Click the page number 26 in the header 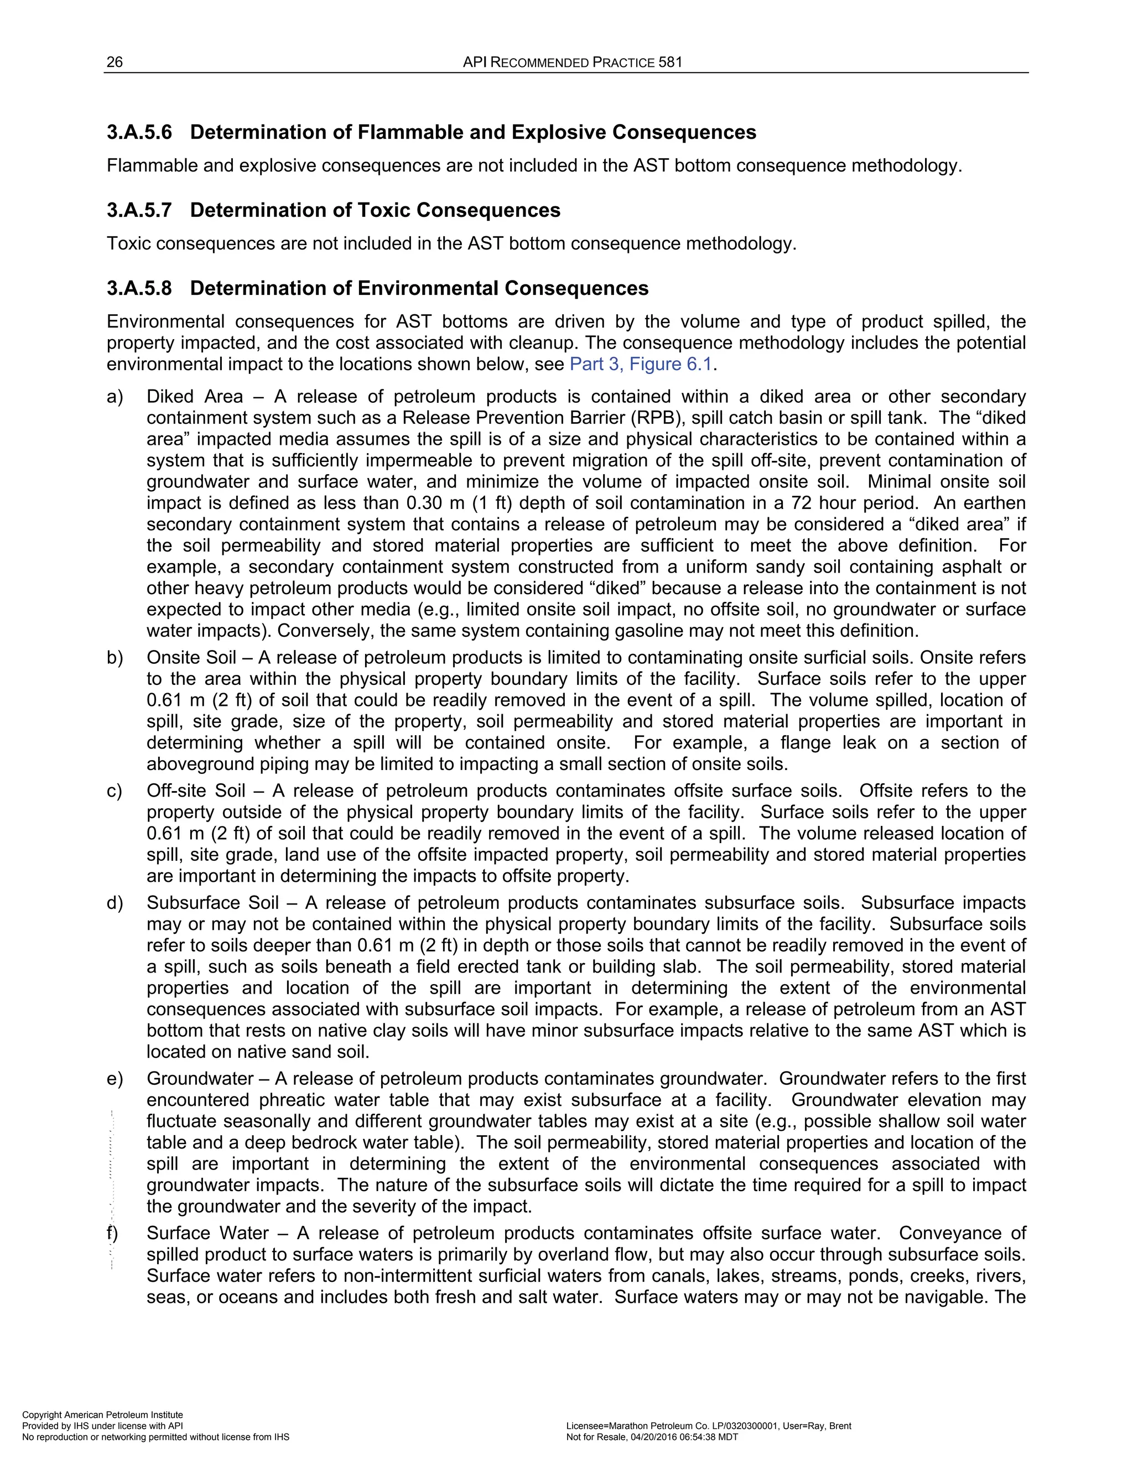115,63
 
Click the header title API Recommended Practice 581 572,63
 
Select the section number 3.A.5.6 139,132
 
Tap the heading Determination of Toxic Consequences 375,210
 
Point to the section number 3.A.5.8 139,288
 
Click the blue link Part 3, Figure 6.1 640,365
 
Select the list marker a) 115,397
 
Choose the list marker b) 115,657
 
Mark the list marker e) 115,1079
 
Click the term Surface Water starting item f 207,1233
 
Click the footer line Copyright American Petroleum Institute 103,1415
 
